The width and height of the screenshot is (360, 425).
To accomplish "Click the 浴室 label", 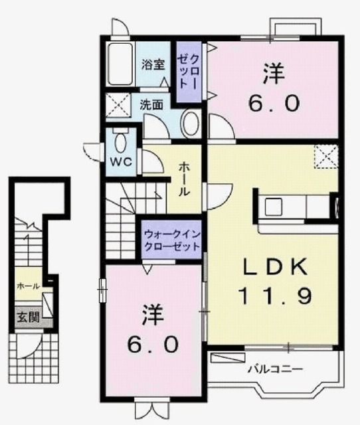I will (153, 64).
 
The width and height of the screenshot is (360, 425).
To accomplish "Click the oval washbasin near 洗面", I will (191, 124).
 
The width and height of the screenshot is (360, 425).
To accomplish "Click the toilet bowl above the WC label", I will (121, 141).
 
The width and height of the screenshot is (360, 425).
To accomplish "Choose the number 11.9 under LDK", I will (274, 295).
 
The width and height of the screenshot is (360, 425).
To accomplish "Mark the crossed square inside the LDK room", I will (325, 157).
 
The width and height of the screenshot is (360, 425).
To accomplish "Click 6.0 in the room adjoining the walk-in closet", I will (153, 344).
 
